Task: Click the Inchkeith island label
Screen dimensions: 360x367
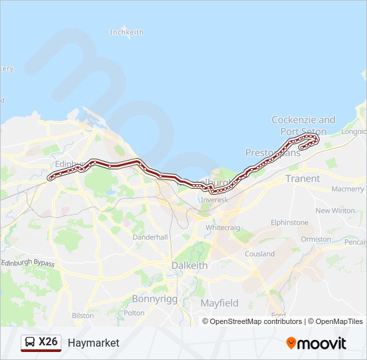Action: [x=127, y=32]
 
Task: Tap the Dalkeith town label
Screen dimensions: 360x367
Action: [x=190, y=265]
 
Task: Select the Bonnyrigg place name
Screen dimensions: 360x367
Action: [x=154, y=299]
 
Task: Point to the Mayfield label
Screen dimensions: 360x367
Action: [x=220, y=303]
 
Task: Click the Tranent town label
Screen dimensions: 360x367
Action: [x=302, y=179]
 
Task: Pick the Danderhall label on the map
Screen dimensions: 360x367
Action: [x=149, y=237]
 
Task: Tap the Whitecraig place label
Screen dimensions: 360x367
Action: [x=223, y=227]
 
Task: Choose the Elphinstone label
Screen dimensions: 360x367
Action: [x=290, y=222]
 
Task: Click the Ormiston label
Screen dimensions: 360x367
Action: [x=316, y=239]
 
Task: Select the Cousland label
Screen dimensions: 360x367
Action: [x=260, y=254]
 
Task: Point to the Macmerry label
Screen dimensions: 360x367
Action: [x=348, y=189]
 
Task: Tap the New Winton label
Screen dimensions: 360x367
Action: [x=335, y=211]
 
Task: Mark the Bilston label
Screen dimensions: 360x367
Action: [x=83, y=315]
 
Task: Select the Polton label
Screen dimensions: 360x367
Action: [x=134, y=313]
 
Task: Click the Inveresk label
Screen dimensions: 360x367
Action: [x=214, y=199]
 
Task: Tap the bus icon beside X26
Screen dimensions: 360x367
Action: [x=30, y=343]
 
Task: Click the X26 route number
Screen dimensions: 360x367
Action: [x=49, y=343]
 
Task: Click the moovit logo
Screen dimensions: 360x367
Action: [x=316, y=343]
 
